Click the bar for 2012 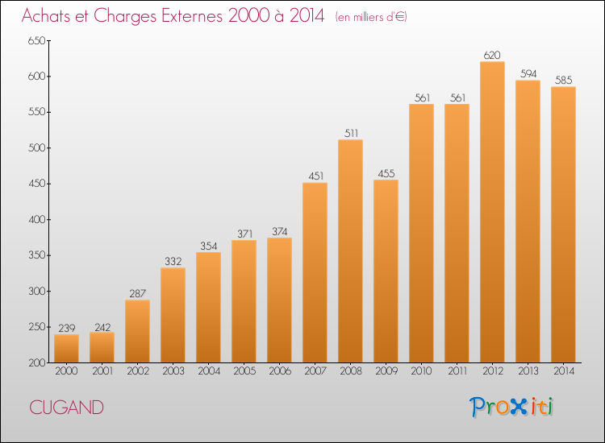pyautogui.click(x=492, y=212)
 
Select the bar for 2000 pyautogui.click(x=66, y=348)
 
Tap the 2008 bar pyautogui.click(x=350, y=250)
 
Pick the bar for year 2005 pyautogui.click(x=244, y=301)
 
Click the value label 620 pyautogui.click(x=492, y=55)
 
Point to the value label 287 pyautogui.click(x=137, y=293)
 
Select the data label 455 pyautogui.click(x=386, y=173)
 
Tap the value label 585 pyautogui.click(x=563, y=80)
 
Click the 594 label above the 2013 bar pyautogui.click(x=528, y=73)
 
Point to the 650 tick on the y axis pyautogui.click(x=36, y=40)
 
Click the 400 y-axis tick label pyautogui.click(x=36, y=220)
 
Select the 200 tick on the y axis pyautogui.click(x=36, y=362)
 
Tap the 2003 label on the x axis pyautogui.click(x=173, y=371)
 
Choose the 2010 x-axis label pyautogui.click(x=421, y=371)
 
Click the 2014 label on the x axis pyautogui.click(x=564, y=371)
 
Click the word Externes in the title pyautogui.click(x=192, y=16)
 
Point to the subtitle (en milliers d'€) pyautogui.click(x=371, y=17)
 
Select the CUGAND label pyautogui.click(x=66, y=408)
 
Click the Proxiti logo pyautogui.click(x=511, y=407)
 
